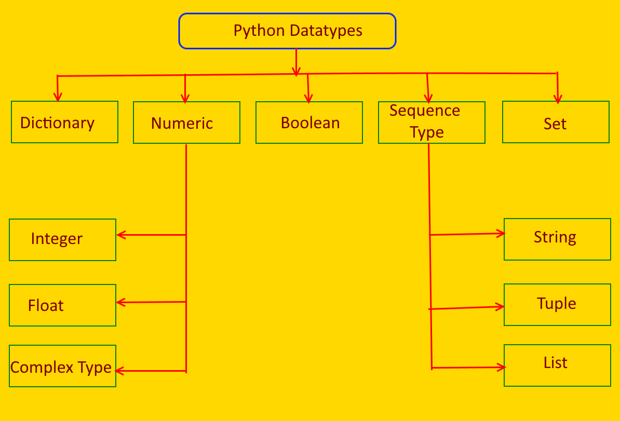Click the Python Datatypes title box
pos(287,31)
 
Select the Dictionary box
pos(64,122)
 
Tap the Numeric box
pos(186,123)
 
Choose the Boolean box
pos(309,123)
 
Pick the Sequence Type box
pos(432,122)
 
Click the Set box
pos(556,122)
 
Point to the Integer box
pos(62,240)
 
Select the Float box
pos(62,305)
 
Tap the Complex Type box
pos(62,366)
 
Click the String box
pos(557,239)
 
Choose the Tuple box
pos(557,305)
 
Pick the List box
pos(557,365)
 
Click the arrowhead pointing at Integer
pos(120,235)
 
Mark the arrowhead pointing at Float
pos(120,302)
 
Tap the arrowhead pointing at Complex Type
pos(119,371)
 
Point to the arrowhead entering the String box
pos(502,234)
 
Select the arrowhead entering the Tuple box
pos(501,307)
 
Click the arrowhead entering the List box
pos(502,368)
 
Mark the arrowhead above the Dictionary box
pos(58,98)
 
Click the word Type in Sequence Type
pos(427,132)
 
